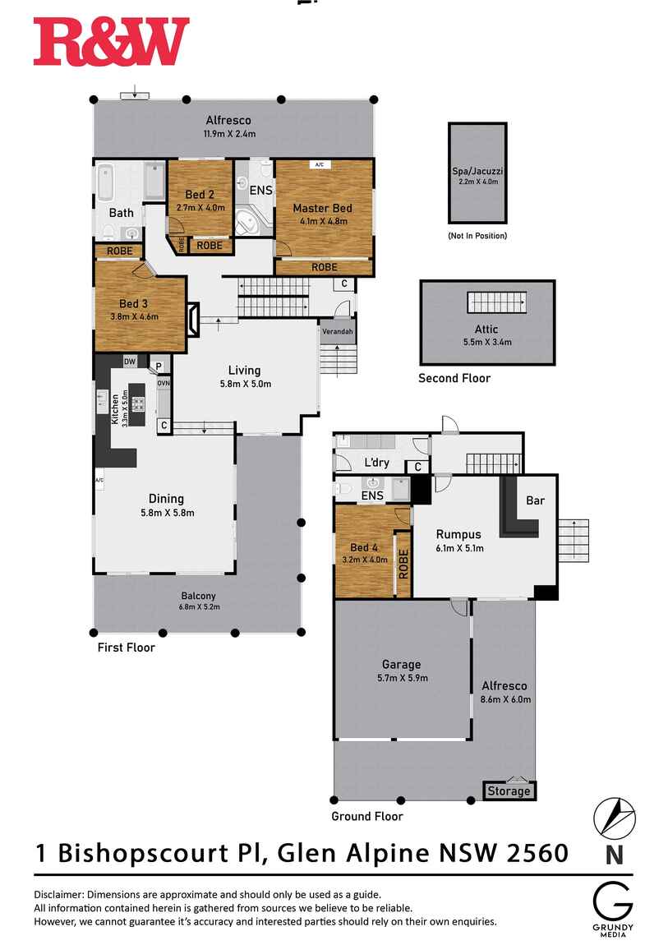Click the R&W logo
111,43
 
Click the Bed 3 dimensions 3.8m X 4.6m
134,316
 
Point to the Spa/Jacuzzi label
477,171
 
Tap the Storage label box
509,791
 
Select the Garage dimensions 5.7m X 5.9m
401,678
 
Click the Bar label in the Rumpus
535,500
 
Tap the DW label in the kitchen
130,362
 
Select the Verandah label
337,332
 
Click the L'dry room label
376,463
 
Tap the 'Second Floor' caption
454,378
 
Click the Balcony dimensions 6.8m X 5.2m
199,607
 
